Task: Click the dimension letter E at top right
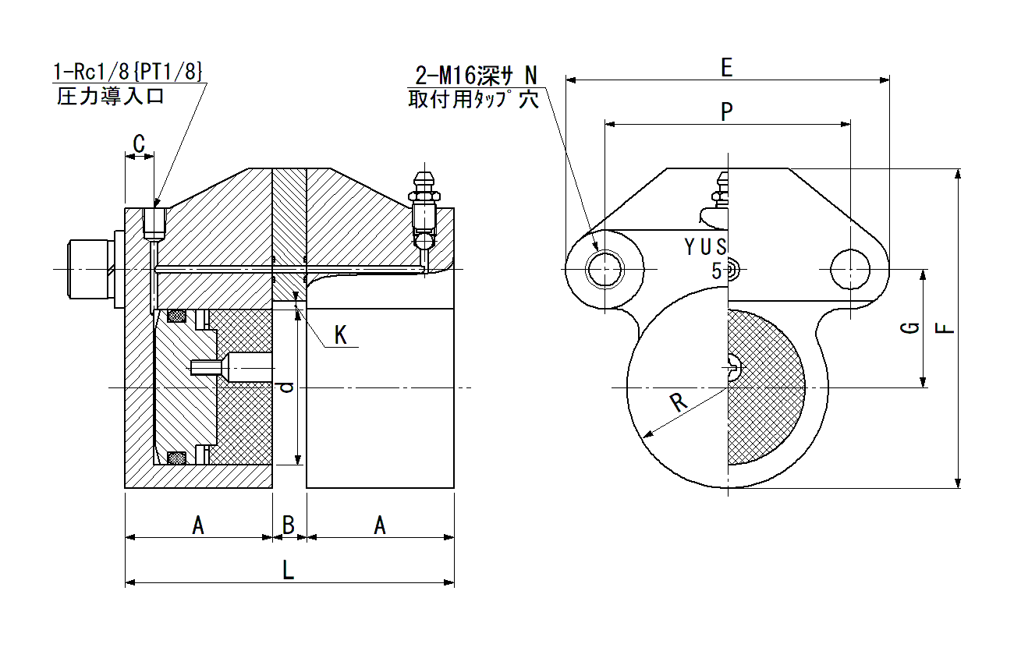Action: pos(726,68)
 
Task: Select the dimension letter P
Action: pos(726,111)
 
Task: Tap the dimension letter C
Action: pos(139,144)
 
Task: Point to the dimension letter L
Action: pos(289,570)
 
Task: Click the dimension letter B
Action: pos(289,525)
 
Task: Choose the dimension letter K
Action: pos(340,335)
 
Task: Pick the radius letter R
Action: pos(678,402)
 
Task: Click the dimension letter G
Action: pos(910,327)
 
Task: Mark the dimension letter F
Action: pos(945,327)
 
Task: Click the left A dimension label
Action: pos(198,525)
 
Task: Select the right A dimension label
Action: pos(380,525)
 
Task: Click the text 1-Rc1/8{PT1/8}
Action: pos(128,72)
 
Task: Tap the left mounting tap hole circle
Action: pos(604,269)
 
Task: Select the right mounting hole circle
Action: pos(850,269)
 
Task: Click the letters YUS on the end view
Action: pos(706,247)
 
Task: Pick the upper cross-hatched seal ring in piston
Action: pos(176,316)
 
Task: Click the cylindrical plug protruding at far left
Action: pos(90,269)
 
